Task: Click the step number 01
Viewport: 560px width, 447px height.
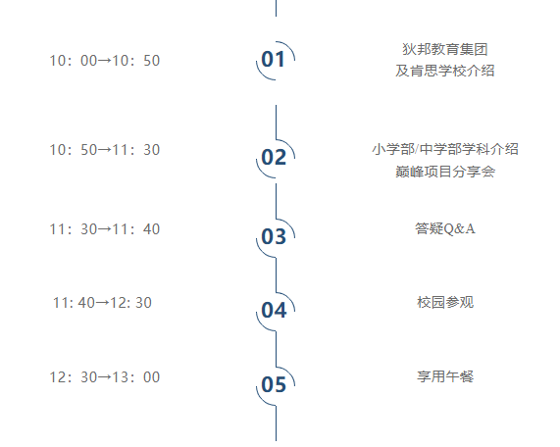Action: click(x=274, y=59)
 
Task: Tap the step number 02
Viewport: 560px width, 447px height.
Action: click(x=274, y=158)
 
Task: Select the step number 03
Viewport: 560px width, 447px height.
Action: click(x=274, y=236)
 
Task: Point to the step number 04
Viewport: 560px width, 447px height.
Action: click(x=274, y=311)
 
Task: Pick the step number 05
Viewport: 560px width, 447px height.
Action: click(x=274, y=385)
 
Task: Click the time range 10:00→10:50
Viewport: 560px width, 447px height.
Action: click(x=105, y=61)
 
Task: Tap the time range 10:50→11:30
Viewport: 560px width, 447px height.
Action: click(x=105, y=150)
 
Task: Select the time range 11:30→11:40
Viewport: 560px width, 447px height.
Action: click(x=105, y=229)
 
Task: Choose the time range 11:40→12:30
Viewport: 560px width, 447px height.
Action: click(x=103, y=303)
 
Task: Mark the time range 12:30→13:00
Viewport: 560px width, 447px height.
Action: click(x=105, y=377)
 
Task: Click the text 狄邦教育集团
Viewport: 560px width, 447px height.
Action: click(x=445, y=49)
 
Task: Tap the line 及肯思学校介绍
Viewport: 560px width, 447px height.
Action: click(x=445, y=71)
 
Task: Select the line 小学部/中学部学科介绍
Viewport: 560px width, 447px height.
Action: click(x=445, y=149)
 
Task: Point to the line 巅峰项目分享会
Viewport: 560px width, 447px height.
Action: click(x=445, y=172)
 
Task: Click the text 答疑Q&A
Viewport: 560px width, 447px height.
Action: click(x=445, y=228)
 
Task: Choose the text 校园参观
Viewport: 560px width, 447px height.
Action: click(x=445, y=302)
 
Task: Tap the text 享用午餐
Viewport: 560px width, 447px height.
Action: click(x=445, y=376)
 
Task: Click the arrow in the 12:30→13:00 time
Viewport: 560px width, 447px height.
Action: click(x=105, y=377)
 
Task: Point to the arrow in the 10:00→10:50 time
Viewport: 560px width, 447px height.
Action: click(x=105, y=61)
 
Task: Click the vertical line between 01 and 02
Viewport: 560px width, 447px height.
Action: click(x=276, y=123)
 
